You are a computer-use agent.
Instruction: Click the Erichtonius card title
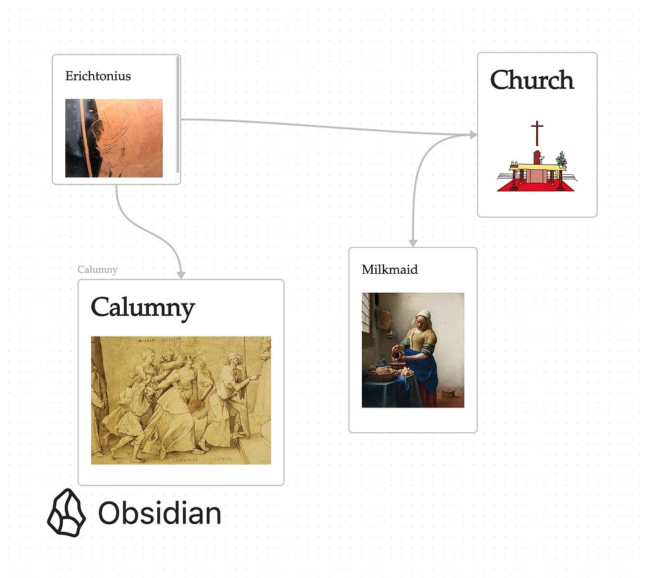98,76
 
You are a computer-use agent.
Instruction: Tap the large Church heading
532,80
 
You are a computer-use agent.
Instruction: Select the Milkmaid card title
390,269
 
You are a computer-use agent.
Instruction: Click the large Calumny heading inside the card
143,307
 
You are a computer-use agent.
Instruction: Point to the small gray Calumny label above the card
98,269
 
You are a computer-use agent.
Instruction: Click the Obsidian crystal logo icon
66,513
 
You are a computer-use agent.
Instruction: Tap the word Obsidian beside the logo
160,513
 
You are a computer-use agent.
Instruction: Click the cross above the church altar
537,133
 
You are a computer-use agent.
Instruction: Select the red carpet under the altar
536,187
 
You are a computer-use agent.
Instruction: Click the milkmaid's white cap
423,316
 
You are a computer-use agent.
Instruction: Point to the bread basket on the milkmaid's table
381,374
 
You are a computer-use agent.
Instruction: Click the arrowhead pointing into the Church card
473,134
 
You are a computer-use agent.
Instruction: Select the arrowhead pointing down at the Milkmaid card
413,242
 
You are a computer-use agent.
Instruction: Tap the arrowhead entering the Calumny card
181,274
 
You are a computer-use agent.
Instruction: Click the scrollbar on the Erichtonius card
178,117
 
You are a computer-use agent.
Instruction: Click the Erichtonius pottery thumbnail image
114,138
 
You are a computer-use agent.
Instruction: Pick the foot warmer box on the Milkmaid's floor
449,393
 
